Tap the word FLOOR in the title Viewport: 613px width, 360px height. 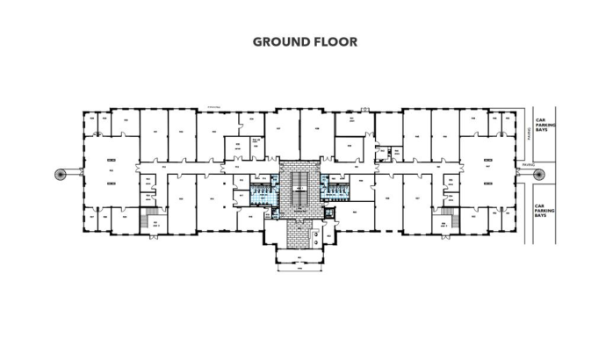tap(335, 41)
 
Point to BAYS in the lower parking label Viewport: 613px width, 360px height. tap(542, 215)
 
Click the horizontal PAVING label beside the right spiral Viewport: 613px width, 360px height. tap(526, 164)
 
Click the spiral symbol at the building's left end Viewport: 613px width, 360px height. tap(60, 173)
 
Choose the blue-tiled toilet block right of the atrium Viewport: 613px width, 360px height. tap(335, 188)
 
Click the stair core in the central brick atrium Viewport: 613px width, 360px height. tap(299, 184)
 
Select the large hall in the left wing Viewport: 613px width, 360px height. tap(111, 172)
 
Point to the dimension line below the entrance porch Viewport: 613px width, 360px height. tap(299, 272)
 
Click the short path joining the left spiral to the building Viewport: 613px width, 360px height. tap(74, 173)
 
